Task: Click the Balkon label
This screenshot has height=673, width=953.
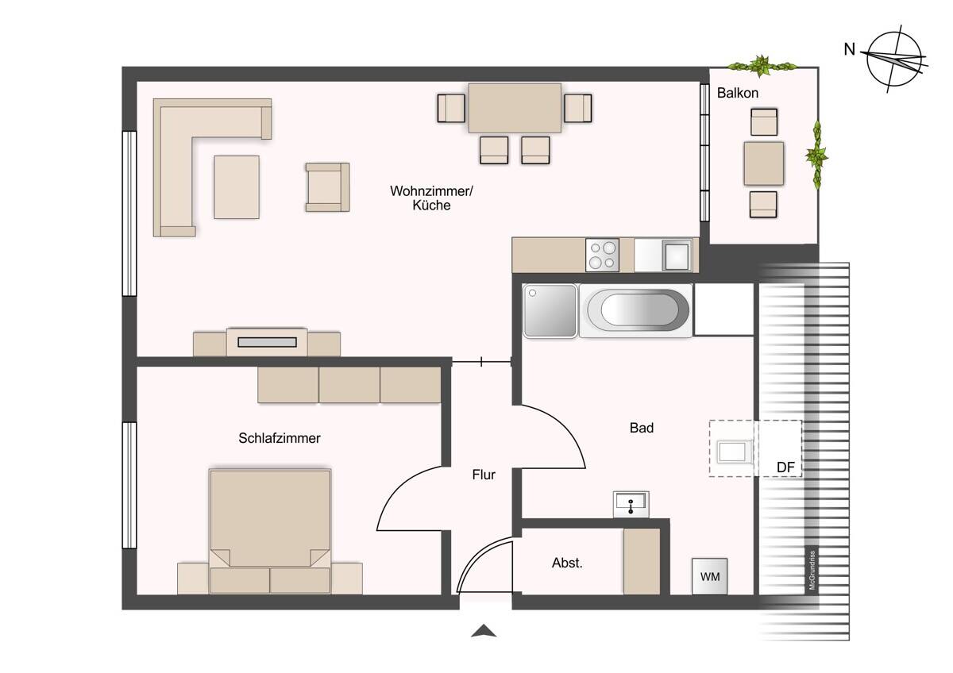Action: pos(737,93)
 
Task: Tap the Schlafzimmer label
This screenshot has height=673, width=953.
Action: pos(279,438)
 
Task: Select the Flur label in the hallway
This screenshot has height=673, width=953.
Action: pos(484,475)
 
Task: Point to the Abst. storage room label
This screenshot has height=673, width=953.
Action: pos(567,563)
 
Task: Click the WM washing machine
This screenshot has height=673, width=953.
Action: pos(710,576)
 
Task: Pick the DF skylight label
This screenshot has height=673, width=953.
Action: pos(785,467)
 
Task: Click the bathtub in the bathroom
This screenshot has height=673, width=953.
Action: pos(636,311)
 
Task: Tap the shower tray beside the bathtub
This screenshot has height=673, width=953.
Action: pos(550,311)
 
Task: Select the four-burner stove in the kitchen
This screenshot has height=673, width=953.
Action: pos(602,255)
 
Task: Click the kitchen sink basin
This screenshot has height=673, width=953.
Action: pos(677,256)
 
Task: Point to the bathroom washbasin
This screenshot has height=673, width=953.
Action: pos(631,504)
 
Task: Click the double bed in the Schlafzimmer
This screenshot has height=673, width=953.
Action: pos(270,531)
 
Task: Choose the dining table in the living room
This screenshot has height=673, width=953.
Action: pos(515,108)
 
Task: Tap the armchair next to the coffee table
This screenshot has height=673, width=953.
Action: pos(327,187)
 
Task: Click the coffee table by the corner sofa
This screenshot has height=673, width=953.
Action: pos(237,187)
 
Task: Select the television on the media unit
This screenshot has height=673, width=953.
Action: pos(267,342)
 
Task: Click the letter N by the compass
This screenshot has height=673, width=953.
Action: pos(850,50)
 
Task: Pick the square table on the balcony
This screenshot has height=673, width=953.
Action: pos(764,163)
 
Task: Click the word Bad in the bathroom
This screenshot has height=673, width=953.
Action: pos(641,428)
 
